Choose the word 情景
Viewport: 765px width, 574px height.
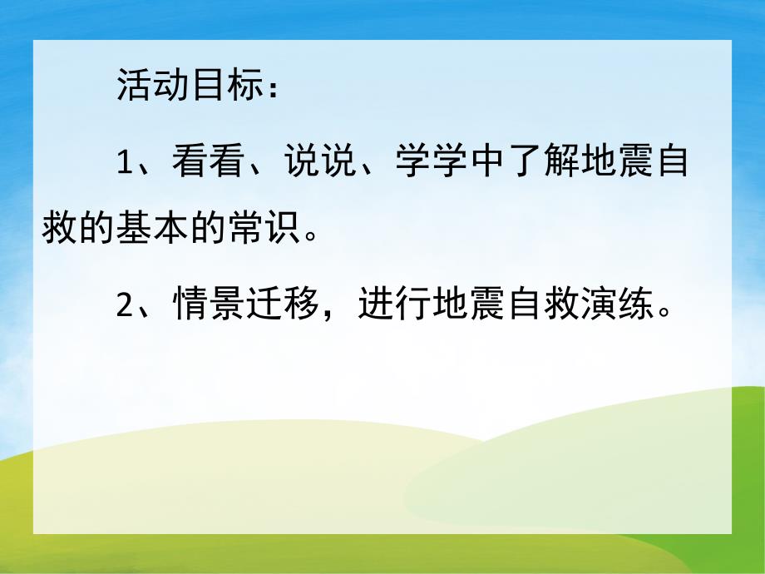[x=209, y=308]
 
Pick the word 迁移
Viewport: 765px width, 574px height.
[x=284, y=308]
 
